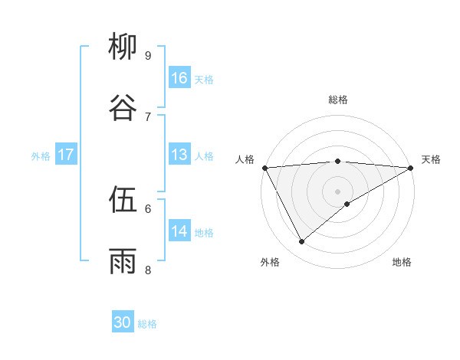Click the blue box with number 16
point(179,77)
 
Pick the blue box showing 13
point(179,155)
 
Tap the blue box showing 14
point(179,231)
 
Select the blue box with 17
point(65,155)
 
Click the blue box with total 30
point(123,322)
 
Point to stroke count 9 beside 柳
point(148,55)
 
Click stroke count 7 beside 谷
point(148,116)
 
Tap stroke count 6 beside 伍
point(148,208)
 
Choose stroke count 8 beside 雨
point(148,270)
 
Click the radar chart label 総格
point(338,100)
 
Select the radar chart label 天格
point(432,159)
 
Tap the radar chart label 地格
point(402,262)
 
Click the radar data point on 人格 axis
point(264,168)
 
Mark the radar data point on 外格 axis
point(301,242)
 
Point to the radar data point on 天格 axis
point(411,168)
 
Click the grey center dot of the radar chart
point(338,191)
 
